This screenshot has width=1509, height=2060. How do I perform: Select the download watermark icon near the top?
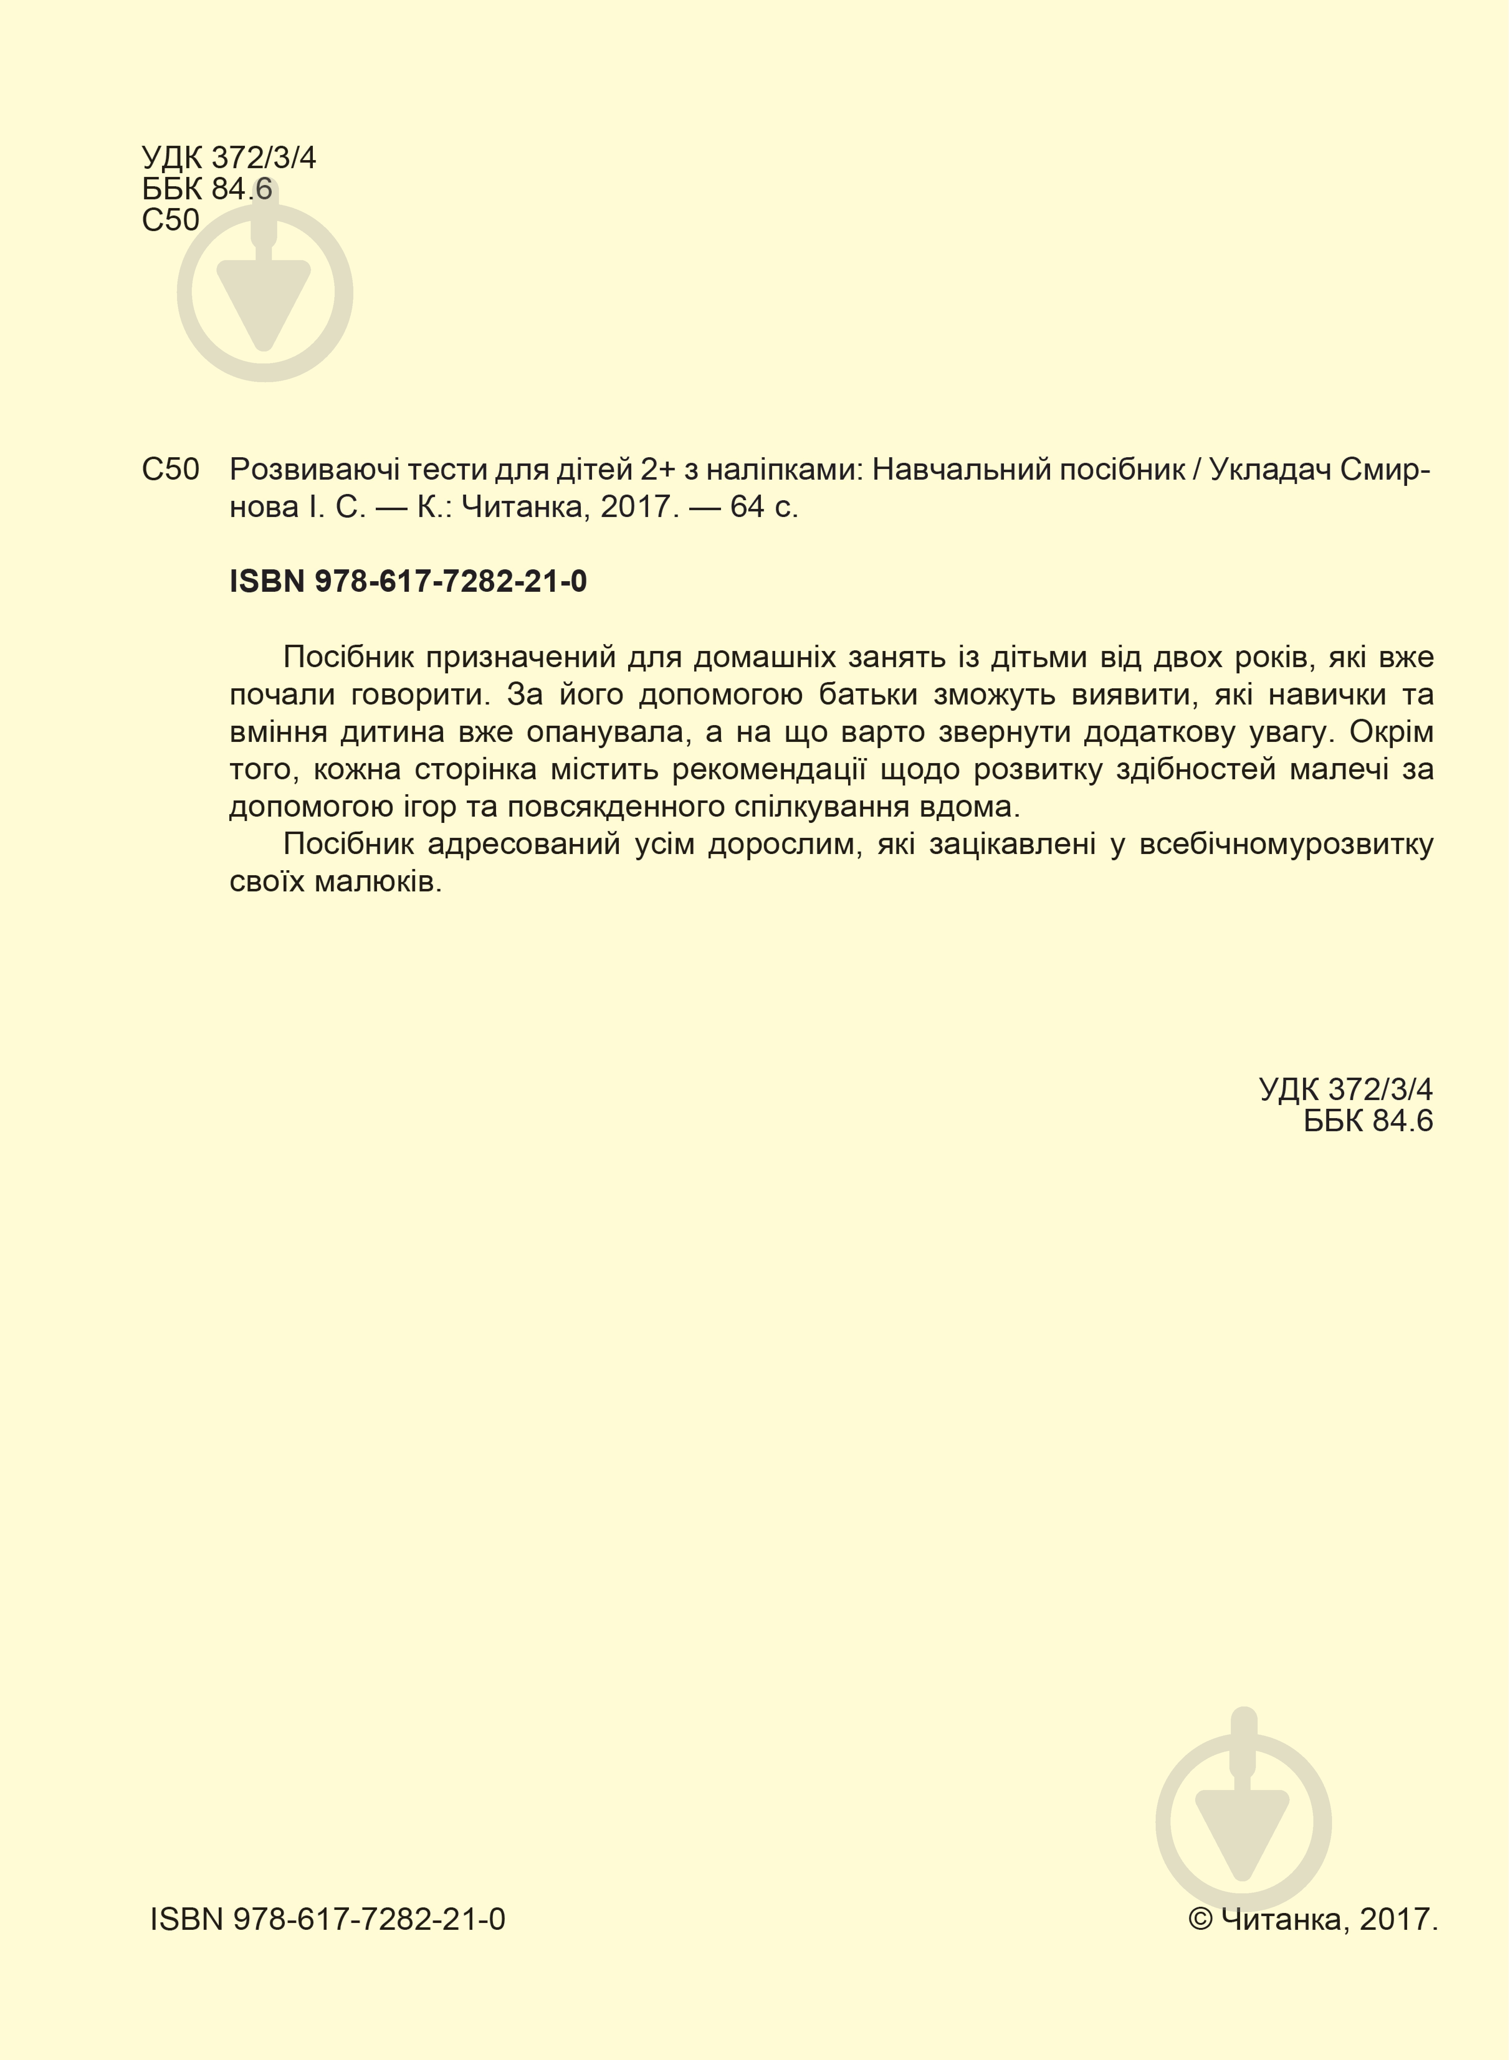pos(265,290)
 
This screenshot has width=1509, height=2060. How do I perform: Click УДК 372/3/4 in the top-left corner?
pos(228,158)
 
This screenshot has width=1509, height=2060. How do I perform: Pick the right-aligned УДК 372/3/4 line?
pos(1345,1089)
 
